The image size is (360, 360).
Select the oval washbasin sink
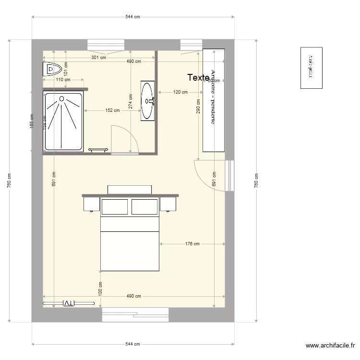pyautogui.click(x=148, y=94)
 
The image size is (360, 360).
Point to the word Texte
pyautogui.click(x=198, y=77)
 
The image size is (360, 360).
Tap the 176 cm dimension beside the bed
pyautogui.click(x=192, y=244)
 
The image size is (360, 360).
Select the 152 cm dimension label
pyautogui.click(x=112, y=110)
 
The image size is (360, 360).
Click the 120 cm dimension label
pyautogui.click(x=180, y=92)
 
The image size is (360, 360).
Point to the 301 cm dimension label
pyautogui.click(x=99, y=58)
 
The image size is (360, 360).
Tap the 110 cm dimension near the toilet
pyautogui.click(x=63, y=80)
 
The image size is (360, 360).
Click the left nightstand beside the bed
pyautogui.click(x=91, y=204)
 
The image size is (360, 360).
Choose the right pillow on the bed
pyautogui.click(x=144, y=207)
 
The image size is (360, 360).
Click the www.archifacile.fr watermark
pyautogui.click(x=331, y=346)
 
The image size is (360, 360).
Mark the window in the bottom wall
pyautogui.click(x=135, y=314)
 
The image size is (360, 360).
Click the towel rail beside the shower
pyautogui.click(x=98, y=150)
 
